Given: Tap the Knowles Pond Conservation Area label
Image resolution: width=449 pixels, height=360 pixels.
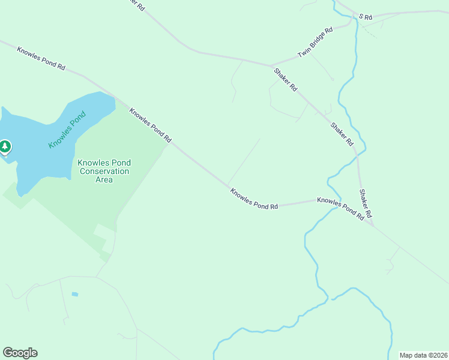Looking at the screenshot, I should click(x=104, y=171).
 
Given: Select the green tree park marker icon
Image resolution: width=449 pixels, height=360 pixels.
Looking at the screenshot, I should click(x=5, y=146).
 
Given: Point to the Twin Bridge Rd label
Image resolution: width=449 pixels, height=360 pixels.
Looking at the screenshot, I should click(x=315, y=43).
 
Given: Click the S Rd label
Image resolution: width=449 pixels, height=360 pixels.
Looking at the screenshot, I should click(x=366, y=17).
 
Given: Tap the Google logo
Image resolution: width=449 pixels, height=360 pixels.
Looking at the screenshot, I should click(x=20, y=353).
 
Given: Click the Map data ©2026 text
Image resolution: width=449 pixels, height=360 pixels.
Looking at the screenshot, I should click(x=423, y=355).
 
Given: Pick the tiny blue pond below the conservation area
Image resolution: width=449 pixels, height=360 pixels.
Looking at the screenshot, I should click(x=74, y=294).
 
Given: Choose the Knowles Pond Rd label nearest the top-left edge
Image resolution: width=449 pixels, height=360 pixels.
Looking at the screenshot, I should click(x=41, y=59).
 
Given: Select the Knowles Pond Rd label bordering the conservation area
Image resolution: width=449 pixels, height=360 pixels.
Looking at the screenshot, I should click(x=151, y=125).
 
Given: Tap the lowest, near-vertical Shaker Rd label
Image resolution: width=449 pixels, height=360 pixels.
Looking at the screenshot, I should click(x=366, y=204).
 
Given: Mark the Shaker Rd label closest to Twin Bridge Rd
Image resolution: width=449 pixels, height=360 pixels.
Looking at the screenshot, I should click(x=285, y=79).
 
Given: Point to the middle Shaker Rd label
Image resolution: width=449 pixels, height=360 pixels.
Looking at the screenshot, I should click(x=342, y=134).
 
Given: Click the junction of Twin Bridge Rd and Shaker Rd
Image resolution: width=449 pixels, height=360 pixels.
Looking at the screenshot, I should click(x=271, y=65).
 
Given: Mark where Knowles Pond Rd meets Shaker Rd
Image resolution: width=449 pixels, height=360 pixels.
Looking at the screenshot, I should click(x=373, y=225).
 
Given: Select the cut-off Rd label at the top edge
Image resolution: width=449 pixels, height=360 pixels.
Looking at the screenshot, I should click(x=137, y=5).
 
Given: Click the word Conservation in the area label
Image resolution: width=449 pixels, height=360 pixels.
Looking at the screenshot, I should click(x=104, y=171).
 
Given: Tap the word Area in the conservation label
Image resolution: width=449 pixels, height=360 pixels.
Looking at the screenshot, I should click(x=104, y=179).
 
